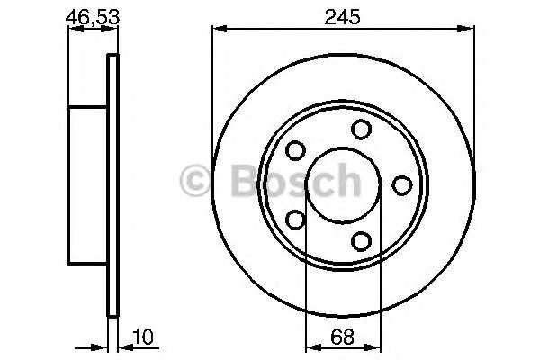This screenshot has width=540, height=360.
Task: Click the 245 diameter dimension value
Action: pos(342,17)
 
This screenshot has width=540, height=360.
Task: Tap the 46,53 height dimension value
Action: pos(93,17)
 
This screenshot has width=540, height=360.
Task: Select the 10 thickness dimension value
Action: pos(142,337)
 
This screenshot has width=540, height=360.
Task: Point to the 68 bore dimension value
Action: pos(342,337)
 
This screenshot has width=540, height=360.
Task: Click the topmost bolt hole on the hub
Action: pos(361,130)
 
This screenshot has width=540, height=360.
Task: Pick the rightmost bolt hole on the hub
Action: pos(402,185)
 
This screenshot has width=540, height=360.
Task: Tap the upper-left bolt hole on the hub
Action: pos(295,150)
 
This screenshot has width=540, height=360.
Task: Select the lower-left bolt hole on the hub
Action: pos(295,220)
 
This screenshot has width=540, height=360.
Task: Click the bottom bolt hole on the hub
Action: pos(361,241)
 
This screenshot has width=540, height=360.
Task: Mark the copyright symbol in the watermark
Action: pos(195,181)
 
